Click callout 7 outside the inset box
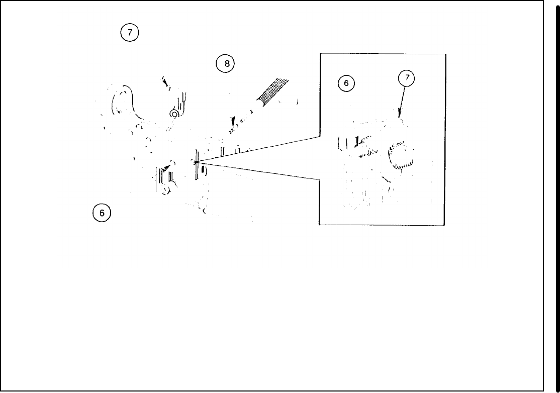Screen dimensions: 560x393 [130, 32]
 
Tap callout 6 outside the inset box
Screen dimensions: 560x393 [102, 213]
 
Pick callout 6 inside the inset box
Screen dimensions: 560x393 [346, 83]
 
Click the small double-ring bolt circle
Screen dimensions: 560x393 [174, 115]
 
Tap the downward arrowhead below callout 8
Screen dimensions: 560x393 [232, 123]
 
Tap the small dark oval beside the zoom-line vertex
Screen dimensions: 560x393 [203, 171]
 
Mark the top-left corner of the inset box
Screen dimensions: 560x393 [320, 54]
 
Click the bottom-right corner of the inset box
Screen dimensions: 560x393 [445, 225]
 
